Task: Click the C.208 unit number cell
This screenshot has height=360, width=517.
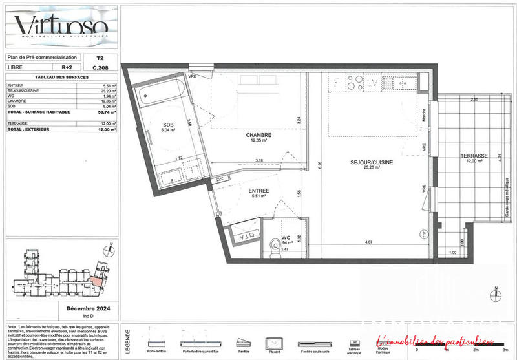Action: click(100, 67)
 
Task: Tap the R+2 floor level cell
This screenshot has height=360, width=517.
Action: click(67, 67)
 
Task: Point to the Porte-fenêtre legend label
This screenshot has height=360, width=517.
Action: click(155, 352)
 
